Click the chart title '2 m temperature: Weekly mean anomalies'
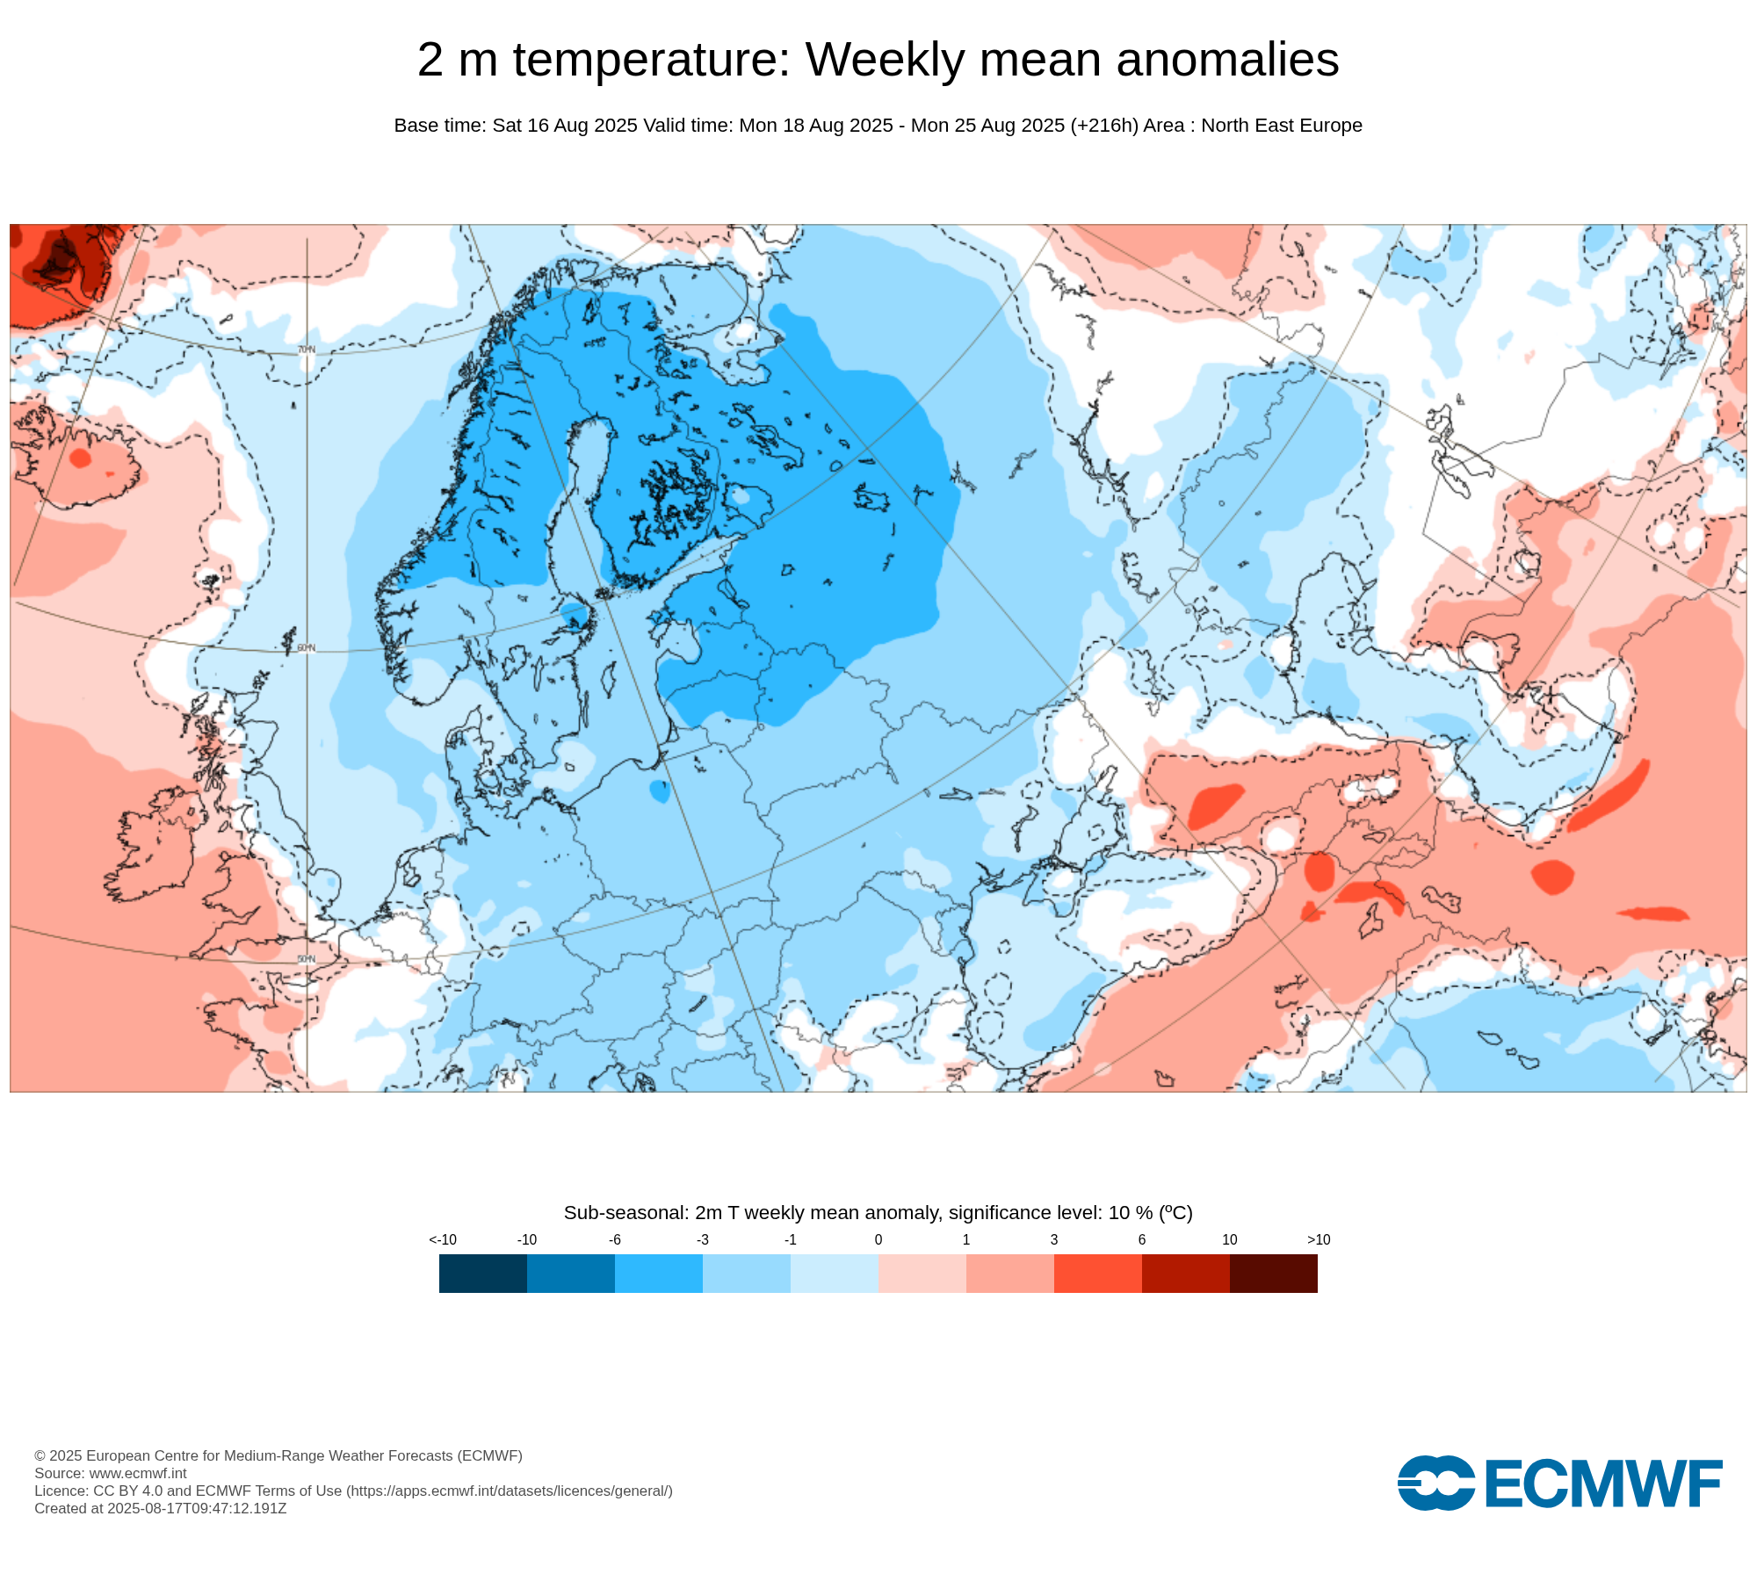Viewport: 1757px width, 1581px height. [878, 60]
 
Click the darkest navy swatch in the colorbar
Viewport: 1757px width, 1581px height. [482, 1273]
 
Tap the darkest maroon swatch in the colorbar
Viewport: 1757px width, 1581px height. [1273, 1273]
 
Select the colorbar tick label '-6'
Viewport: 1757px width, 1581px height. [615, 1239]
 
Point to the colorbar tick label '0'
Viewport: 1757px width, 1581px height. [878, 1239]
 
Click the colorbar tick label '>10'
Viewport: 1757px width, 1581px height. [1319, 1239]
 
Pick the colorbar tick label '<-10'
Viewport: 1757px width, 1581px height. [443, 1239]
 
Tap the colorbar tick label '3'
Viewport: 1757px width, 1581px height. [1054, 1239]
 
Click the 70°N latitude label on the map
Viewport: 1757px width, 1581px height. [306, 350]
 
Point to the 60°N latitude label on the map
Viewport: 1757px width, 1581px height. [306, 648]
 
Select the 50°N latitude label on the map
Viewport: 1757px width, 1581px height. [306, 958]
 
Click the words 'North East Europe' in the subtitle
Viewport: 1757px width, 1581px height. [1281, 126]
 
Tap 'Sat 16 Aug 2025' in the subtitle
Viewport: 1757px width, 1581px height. [565, 126]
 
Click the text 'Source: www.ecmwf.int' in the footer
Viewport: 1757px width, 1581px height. [111, 1473]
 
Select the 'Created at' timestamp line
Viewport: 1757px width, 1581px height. [161, 1508]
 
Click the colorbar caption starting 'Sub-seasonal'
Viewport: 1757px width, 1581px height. [878, 1213]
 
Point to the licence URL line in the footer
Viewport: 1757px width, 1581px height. [353, 1491]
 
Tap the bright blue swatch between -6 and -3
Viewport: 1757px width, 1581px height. [658, 1273]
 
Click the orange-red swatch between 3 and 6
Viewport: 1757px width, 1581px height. [1097, 1273]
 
